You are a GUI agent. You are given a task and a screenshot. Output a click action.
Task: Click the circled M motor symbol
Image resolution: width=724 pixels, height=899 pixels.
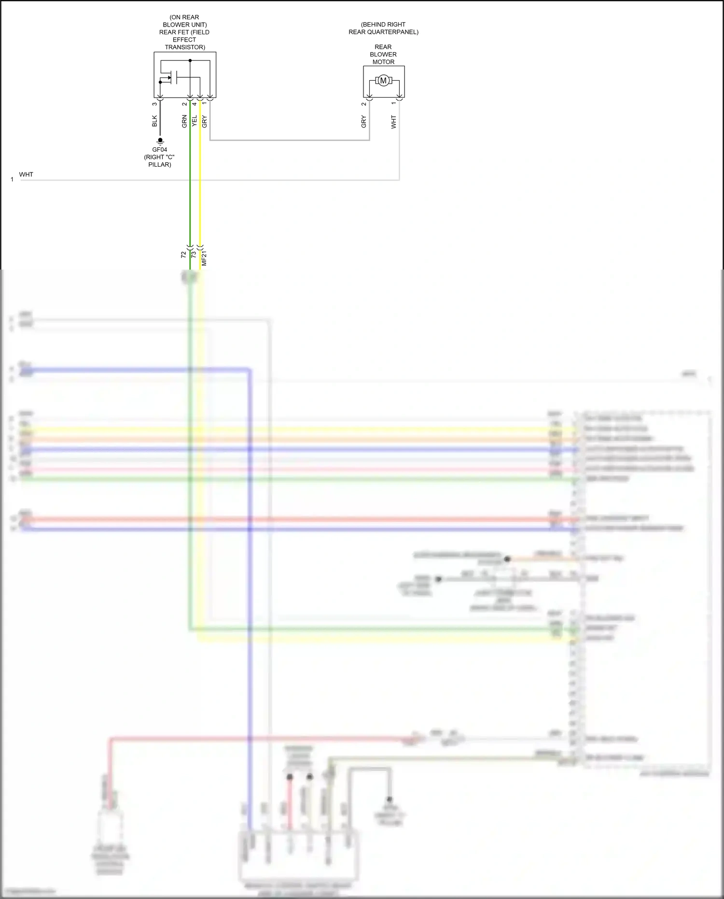(x=383, y=81)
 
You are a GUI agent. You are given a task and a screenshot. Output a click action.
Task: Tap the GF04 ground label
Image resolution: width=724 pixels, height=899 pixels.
(x=160, y=150)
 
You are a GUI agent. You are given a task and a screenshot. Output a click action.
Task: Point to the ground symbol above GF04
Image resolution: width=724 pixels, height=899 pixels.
(x=160, y=141)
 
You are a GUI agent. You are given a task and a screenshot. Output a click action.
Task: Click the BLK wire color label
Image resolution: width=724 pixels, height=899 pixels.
(x=154, y=121)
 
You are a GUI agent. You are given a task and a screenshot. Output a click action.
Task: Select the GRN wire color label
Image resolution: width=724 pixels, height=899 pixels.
(x=184, y=121)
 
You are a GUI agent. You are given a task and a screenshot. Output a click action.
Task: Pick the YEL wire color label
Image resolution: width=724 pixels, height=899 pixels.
(x=195, y=121)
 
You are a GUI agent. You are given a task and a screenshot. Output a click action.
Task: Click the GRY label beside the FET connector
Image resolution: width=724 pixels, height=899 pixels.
(x=205, y=121)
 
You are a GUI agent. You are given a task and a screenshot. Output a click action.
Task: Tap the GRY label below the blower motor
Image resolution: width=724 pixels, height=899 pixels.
(x=364, y=122)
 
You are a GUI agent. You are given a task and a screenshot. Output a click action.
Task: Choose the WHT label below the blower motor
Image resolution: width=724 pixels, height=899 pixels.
(x=394, y=122)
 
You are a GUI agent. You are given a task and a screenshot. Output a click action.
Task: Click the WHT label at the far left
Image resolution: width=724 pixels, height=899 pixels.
(x=26, y=174)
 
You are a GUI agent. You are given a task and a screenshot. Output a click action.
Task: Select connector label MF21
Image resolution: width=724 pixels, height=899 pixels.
(x=204, y=258)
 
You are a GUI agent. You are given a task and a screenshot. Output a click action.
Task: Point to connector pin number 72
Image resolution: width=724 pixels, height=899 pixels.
(x=183, y=255)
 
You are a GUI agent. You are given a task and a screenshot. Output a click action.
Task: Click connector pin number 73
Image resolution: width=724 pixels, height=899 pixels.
(x=194, y=255)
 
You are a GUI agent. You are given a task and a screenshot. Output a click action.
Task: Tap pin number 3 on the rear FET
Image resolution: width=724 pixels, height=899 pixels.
(x=154, y=104)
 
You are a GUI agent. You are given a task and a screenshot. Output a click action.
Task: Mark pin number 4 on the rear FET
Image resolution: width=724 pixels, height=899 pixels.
(x=195, y=104)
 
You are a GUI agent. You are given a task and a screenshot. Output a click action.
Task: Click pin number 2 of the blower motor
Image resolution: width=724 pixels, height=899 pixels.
(x=364, y=104)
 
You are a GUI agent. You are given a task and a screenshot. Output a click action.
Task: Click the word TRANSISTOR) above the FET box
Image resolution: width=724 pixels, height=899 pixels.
(x=185, y=47)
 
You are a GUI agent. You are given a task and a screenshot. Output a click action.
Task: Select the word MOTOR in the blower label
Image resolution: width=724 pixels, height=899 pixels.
(x=383, y=62)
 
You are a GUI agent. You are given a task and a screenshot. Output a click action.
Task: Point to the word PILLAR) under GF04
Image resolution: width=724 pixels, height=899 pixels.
(x=160, y=165)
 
